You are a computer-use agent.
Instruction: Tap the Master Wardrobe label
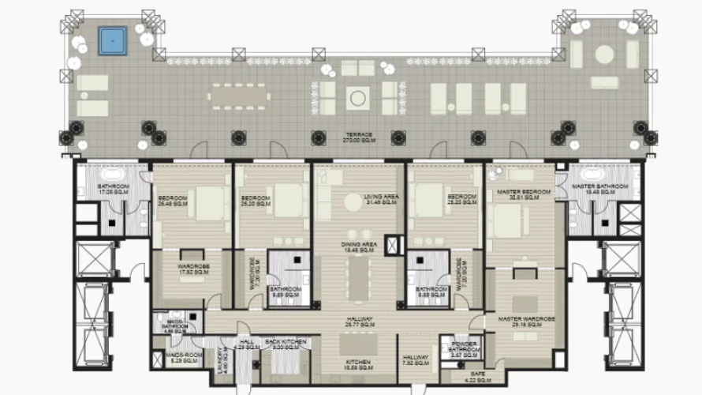[x=527, y=321]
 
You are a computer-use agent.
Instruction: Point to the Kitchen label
[x=357, y=365]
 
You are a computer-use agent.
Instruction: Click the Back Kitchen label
[x=285, y=344]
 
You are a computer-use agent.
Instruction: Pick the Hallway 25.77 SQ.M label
[x=359, y=322]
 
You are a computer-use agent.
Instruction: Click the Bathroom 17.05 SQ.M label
[x=113, y=189]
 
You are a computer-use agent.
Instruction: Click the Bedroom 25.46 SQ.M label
[x=172, y=200]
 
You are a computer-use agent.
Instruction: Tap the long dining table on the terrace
[x=238, y=97]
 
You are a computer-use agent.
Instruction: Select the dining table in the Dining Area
[x=359, y=278]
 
